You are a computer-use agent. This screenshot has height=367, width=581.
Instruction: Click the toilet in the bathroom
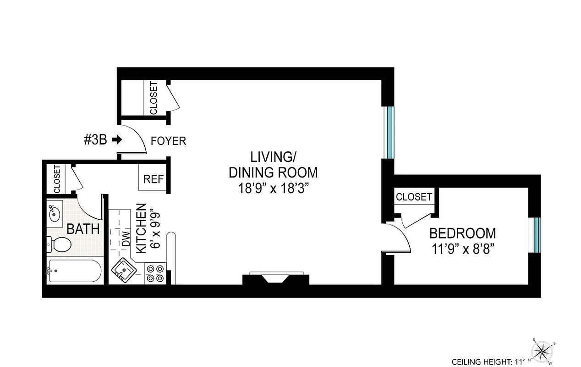(60, 244)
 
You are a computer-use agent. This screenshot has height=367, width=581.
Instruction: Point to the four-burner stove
(155, 273)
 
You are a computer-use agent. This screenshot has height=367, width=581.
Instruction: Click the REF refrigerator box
(153, 179)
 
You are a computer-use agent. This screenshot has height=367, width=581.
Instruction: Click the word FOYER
(169, 141)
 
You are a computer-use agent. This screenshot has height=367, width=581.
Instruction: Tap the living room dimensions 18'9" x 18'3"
(273, 189)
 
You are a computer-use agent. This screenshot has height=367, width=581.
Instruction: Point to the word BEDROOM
(462, 233)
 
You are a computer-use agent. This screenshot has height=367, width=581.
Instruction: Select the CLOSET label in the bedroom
(414, 197)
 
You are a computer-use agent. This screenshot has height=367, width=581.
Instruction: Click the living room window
(389, 132)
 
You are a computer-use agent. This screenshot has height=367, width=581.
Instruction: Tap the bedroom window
(536, 235)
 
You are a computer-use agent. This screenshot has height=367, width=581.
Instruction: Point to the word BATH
(83, 229)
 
